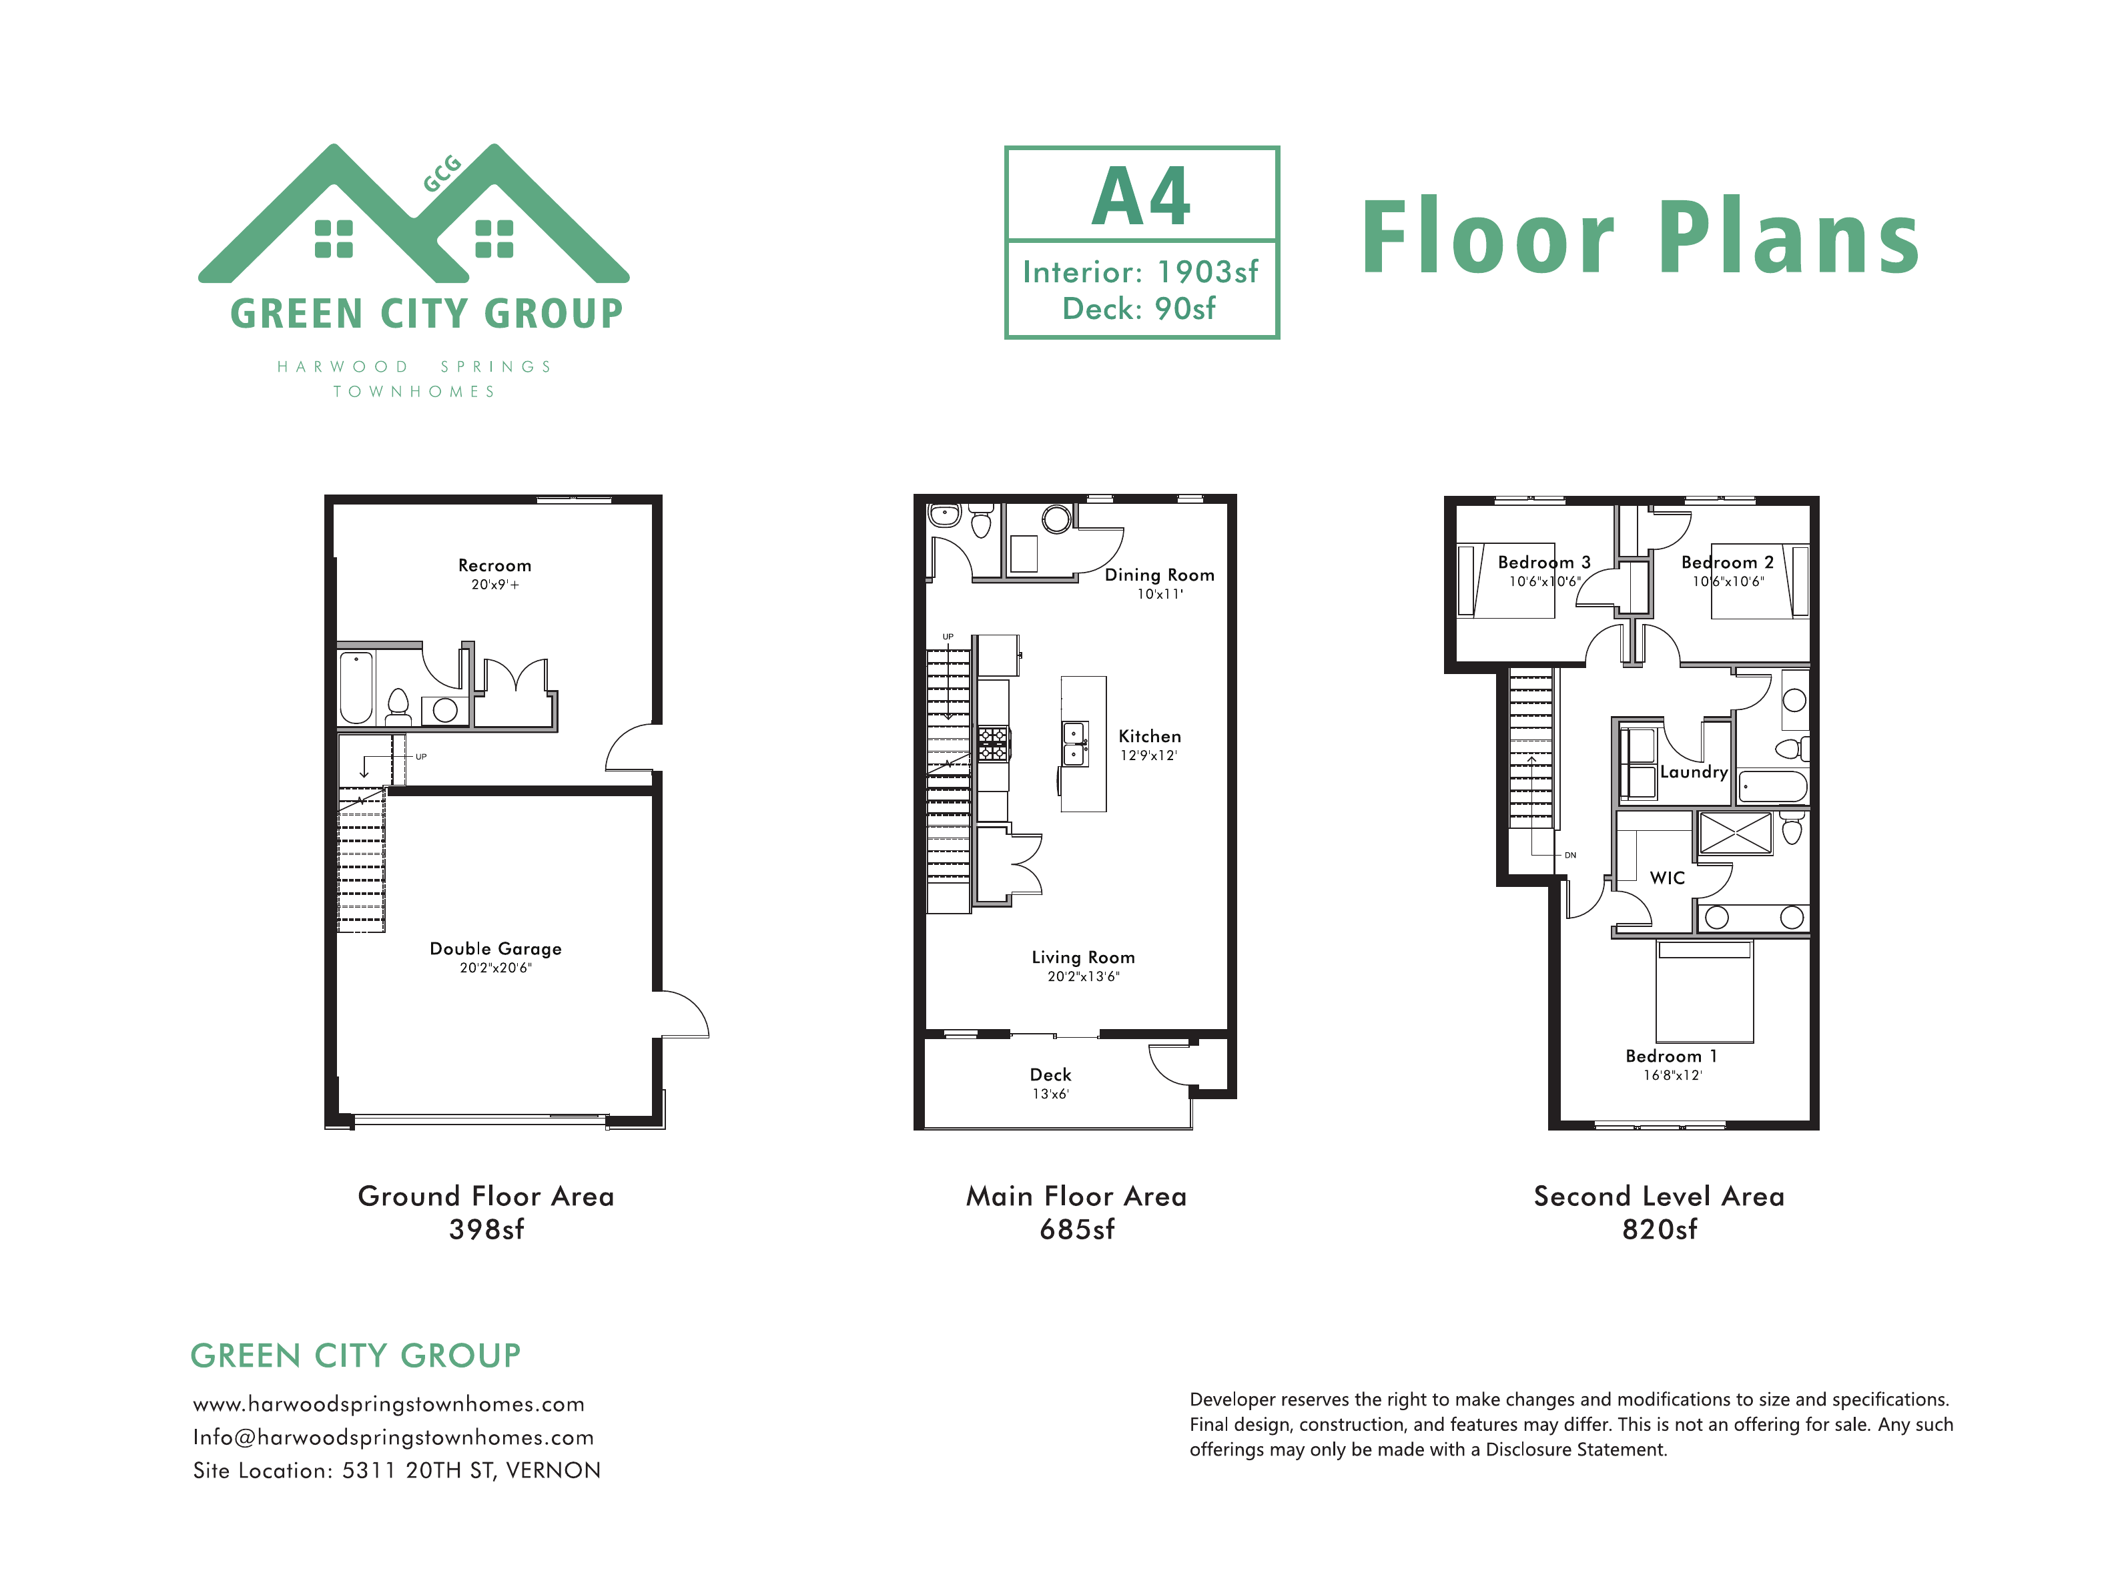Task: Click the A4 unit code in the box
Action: click(1141, 197)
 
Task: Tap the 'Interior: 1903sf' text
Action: click(1140, 272)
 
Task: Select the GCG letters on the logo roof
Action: click(442, 174)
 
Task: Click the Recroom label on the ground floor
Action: click(494, 565)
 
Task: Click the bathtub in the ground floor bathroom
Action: click(356, 687)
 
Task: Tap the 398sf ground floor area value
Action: click(486, 1229)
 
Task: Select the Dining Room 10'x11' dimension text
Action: click(1160, 594)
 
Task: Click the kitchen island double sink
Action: click(1076, 743)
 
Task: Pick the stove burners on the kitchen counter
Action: click(992, 743)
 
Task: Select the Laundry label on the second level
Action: click(1694, 771)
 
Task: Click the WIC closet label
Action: click(1667, 878)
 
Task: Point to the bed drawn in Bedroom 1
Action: click(1704, 991)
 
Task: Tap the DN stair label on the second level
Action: click(1569, 856)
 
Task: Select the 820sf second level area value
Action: click(1660, 1229)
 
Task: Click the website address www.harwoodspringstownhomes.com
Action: click(388, 1403)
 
